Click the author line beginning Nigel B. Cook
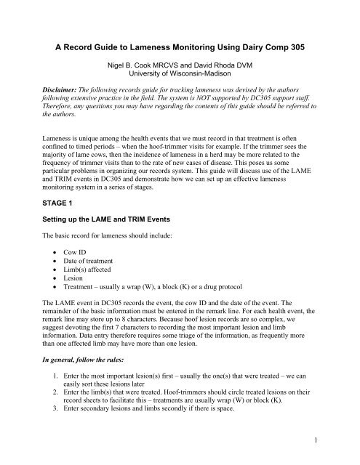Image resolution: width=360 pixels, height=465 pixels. (x=180, y=62)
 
